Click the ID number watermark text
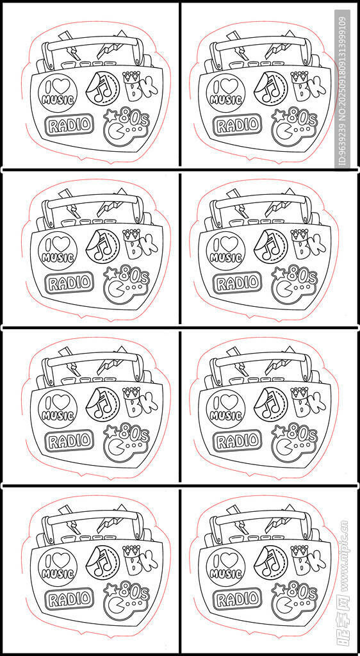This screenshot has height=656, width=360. [343, 91]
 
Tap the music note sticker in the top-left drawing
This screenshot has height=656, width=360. [102, 88]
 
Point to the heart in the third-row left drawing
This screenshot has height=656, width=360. [63, 402]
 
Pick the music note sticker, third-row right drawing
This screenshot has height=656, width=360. [270, 404]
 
